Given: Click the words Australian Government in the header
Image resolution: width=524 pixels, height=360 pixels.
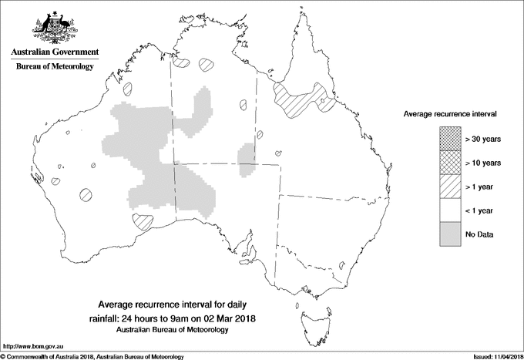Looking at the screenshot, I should [54, 52].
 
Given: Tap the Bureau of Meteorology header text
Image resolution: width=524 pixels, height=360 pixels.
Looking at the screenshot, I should [54, 67].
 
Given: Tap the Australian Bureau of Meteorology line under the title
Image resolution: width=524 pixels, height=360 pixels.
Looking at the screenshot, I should [173, 329].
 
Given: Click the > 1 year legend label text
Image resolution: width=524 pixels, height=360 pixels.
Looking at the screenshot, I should [481, 187].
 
